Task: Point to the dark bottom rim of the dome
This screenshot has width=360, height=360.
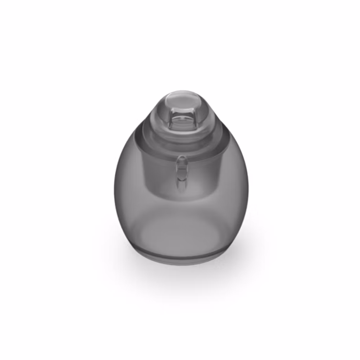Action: [x=181, y=260]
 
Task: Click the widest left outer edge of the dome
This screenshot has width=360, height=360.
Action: [x=115, y=190]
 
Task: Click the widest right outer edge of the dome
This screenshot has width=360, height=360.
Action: [x=248, y=190]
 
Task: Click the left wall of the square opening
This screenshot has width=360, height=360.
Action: [x=170, y=120]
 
